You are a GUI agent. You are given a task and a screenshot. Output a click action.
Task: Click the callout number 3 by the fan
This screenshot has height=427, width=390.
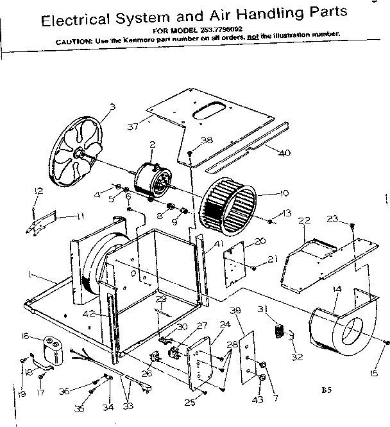112,107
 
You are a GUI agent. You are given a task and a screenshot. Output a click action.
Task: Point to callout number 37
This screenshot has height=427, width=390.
133,126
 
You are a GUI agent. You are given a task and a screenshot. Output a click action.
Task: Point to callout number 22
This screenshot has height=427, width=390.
304,221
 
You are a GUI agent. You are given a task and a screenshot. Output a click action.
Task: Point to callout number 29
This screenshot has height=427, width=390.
161,300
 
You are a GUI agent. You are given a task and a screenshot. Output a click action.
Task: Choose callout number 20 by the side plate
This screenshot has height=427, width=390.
260,241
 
